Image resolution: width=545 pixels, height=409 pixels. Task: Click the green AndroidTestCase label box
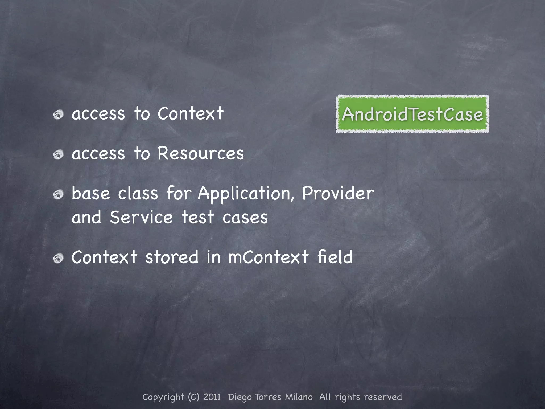click(x=412, y=114)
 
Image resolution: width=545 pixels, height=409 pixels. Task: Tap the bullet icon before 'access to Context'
click(x=58, y=115)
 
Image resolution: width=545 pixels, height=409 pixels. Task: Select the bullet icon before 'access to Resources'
click(x=58, y=154)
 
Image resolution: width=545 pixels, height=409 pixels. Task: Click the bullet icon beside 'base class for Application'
click(x=58, y=195)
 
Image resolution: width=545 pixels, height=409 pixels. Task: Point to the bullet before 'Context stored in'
click(x=58, y=258)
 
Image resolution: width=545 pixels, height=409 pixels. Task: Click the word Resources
click(x=201, y=153)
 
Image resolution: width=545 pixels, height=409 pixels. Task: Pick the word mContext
click(x=268, y=257)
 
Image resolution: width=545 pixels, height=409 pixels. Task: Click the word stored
click(x=172, y=257)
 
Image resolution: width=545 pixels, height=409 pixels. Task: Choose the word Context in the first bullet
click(x=191, y=113)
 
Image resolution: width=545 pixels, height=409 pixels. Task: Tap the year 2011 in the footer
click(x=212, y=397)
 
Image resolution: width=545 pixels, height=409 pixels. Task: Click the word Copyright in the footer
click(x=163, y=397)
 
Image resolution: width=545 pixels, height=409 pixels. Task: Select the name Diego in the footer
click(x=240, y=397)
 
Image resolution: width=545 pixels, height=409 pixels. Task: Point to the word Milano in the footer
click(x=299, y=397)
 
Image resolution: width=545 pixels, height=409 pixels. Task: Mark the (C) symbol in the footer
click(x=194, y=397)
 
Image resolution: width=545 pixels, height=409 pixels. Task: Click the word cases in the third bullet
click(x=245, y=218)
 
